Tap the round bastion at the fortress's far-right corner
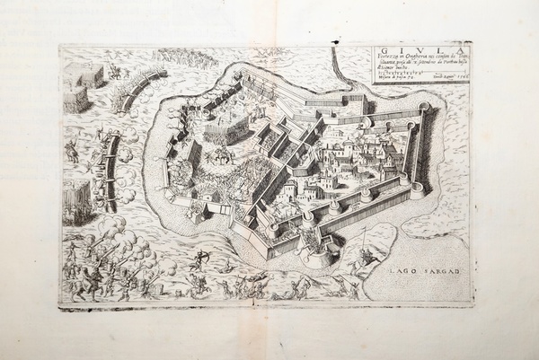(x=424, y=108)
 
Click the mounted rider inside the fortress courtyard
(x=218, y=154)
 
